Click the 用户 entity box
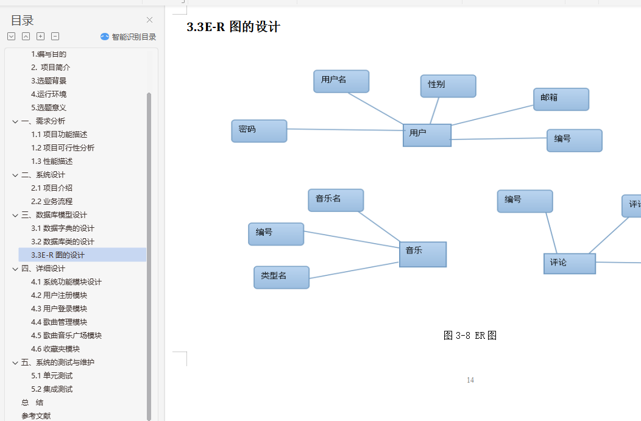427,135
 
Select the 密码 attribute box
259,130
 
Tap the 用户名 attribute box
341,81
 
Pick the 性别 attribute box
448,86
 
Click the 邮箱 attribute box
561,99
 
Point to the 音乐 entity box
423,254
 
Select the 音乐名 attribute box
336,200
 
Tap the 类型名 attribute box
282,277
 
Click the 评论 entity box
569,263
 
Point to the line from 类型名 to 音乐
353,271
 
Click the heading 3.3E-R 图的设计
233,27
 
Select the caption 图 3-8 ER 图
470,335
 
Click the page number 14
470,380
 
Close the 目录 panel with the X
150,20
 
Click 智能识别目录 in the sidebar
128,37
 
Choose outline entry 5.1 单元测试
52,375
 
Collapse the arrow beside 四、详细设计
15,269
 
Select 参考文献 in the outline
36,416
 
